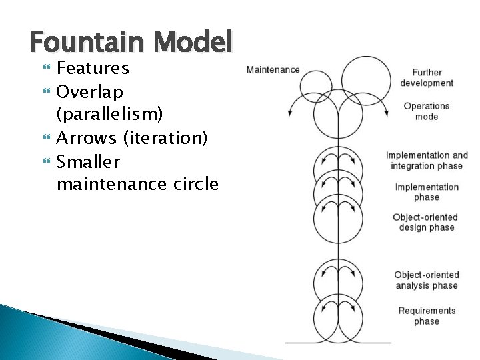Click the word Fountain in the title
[x=88, y=43]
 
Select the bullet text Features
[x=93, y=68]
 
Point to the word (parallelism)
[x=109, y=114]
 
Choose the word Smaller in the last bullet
[x=88, y=161]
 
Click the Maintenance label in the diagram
[x=273, y=69]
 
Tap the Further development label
[x=427, y=78]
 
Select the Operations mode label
[x=427, y=111]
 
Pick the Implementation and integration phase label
[x=427, y=161]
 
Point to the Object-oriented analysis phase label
[x=427, y=280]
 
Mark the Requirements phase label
[x=427, y=316]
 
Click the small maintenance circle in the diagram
[x=316, y=85]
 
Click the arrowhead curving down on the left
[x=290, y=114]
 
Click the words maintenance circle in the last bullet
[x=137, y=185]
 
